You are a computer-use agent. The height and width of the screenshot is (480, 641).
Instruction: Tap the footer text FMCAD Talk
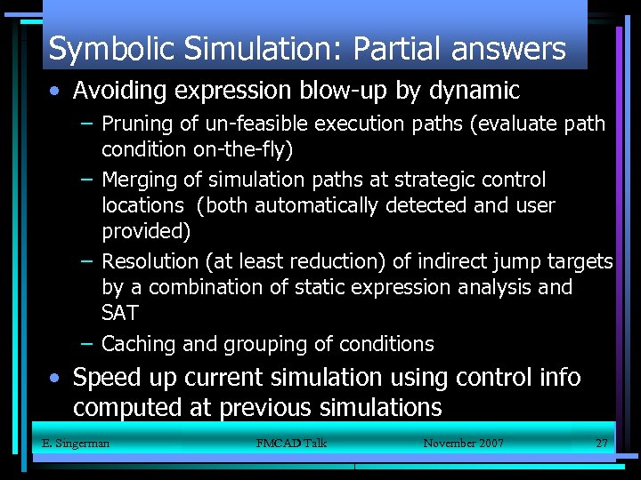291,443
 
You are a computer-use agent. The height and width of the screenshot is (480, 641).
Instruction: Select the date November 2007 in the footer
463,443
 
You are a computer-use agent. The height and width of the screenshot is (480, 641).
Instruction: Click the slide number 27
601,443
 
